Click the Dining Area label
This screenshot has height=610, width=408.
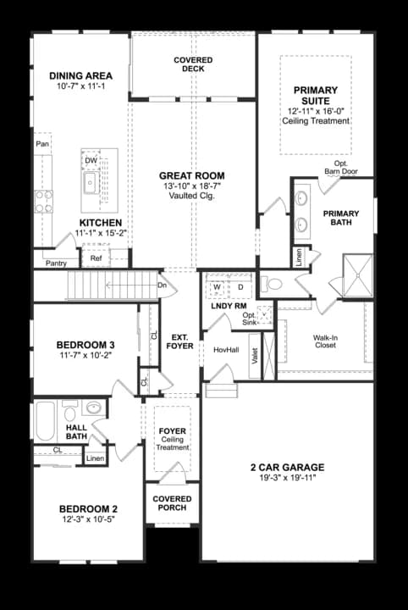(x=80, y=75)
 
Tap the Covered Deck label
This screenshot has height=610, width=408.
(x=193, y=64)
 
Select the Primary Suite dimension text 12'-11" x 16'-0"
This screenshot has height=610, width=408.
(x=316, y=111)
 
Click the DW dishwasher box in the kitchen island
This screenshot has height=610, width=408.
(x=91, y=160)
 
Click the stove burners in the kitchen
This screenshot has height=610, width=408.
(x=43, y=202)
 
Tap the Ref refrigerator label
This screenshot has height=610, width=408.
(x=96, y=258)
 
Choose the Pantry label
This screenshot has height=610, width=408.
(x=57, y=263)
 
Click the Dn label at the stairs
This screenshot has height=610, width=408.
(x=162, y=286)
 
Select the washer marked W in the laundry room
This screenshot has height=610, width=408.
(x=217, y=287)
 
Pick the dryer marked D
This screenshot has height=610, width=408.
(x=240, y=287)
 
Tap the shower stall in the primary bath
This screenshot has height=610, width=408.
(x=358, y=275)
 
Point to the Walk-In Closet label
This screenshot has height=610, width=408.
(x=326, y=341)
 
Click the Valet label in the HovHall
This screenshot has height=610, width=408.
(x=255, y=356)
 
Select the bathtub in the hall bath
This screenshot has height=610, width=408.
(x=46, y=421)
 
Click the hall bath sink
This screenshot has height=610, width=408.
(x=94, y=408)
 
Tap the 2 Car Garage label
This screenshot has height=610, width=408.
(x=288, y=467)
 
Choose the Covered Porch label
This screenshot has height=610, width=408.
(x=172, y=503)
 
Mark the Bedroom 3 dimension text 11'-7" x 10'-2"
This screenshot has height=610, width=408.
(x=85, y=355)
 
